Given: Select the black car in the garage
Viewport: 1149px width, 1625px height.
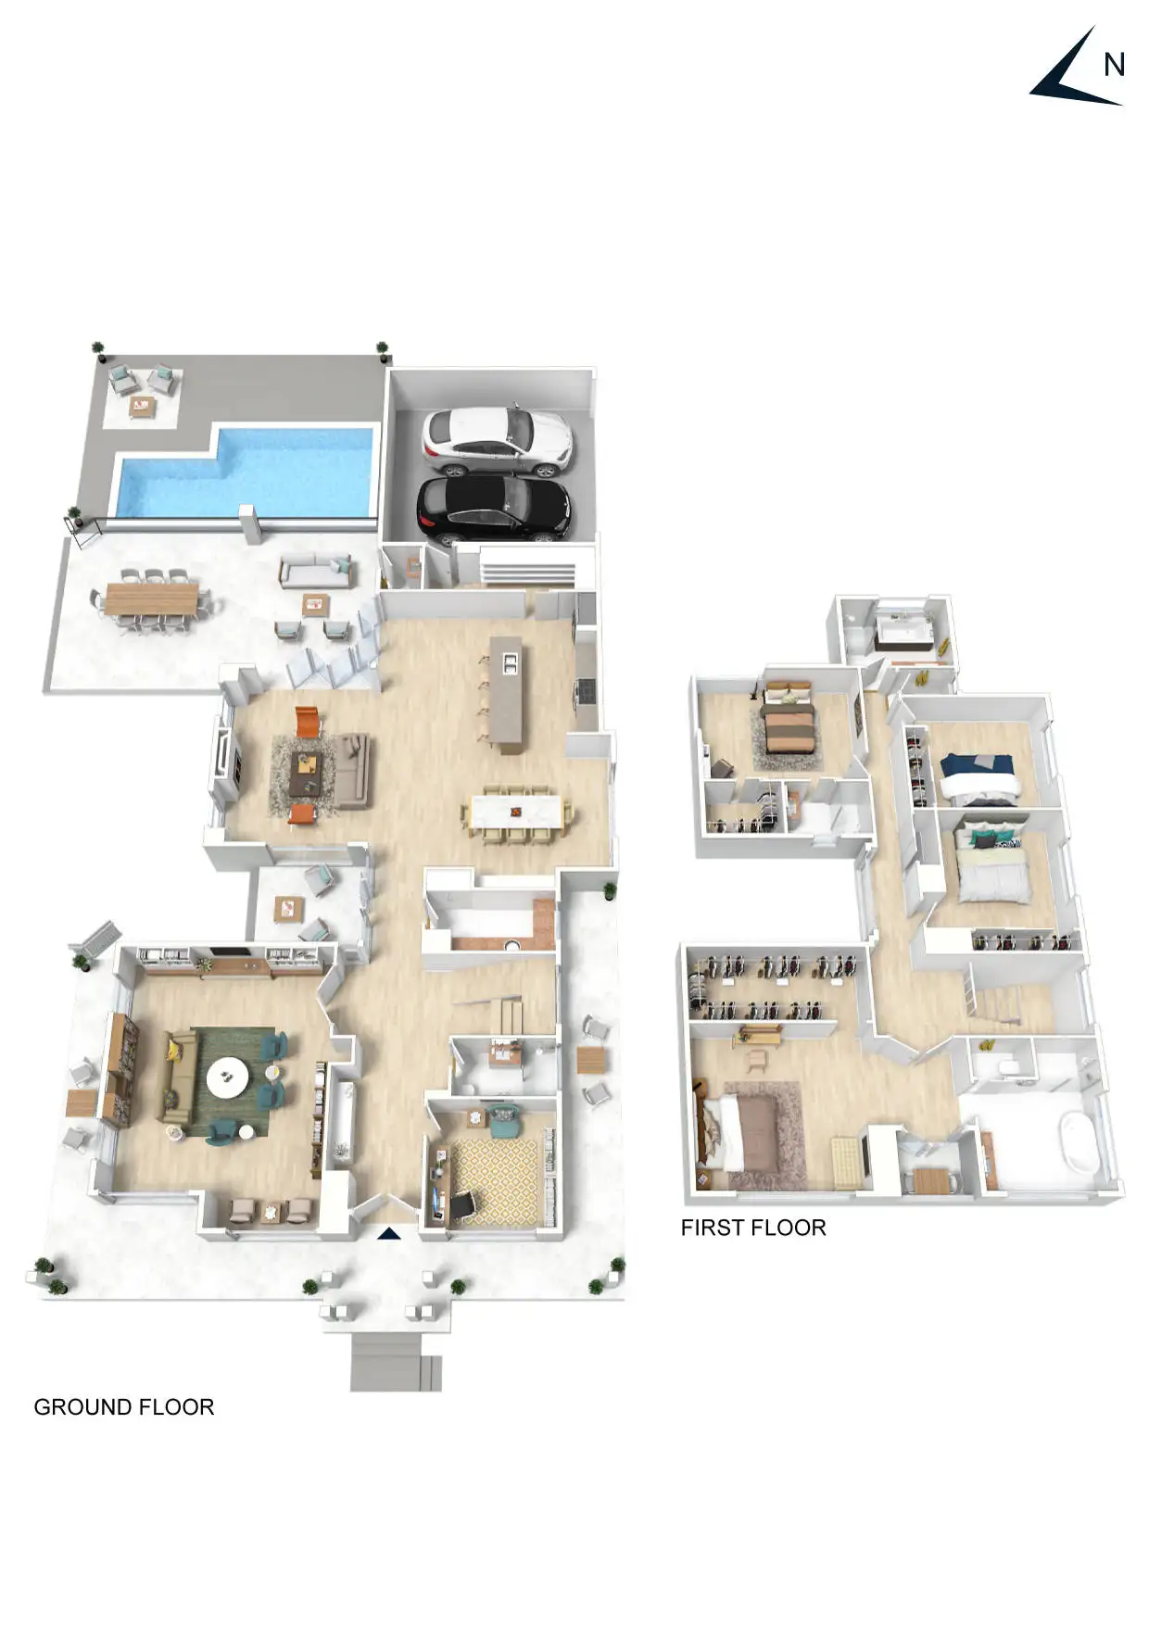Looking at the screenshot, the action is pos(493,509).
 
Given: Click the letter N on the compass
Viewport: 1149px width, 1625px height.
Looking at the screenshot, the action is pos(1114,65).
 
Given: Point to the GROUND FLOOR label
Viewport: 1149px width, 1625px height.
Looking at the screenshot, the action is pos(124,1406).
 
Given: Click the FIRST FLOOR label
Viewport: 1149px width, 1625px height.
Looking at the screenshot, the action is pos(753,1228).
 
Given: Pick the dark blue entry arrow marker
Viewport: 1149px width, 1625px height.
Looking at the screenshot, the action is pos(389,1232).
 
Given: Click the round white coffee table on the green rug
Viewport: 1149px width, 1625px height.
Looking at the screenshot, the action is pos(227,1077).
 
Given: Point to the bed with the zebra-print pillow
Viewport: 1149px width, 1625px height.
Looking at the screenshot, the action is pos(992,867).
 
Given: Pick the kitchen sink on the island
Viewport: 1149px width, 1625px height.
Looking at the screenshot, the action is pos(509,661).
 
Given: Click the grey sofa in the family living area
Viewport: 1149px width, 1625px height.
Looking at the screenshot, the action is pos(351,770).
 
